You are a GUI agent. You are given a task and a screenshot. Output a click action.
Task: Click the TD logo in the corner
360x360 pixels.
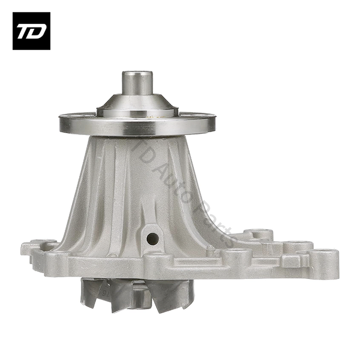point(31,31)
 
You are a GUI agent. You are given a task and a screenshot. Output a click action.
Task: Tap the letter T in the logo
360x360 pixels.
point(25,31)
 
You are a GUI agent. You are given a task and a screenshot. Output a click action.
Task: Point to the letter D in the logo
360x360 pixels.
point(37,31)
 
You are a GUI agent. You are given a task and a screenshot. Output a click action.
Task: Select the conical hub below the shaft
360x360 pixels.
point(137,105)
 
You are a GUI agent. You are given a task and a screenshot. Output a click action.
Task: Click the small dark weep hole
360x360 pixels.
point(152,239)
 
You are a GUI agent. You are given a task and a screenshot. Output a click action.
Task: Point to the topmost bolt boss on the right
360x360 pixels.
point(259,235)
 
